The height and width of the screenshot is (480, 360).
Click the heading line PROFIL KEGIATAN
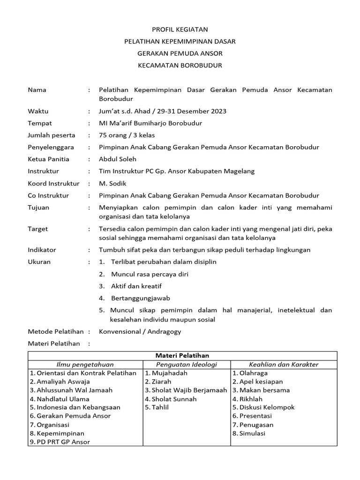point(180,29)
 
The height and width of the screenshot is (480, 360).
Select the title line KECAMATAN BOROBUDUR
point(180,66)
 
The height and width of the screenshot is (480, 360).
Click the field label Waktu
point(38,111)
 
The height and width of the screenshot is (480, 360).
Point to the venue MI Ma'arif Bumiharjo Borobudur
point(150,123)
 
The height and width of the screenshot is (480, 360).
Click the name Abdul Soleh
point(117,159)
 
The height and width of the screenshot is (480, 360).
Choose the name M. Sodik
point(113,183)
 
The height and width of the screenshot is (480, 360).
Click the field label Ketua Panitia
point(48,159)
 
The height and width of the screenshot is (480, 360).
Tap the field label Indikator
point(42,250)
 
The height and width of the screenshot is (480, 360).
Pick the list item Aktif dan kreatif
point(136,286)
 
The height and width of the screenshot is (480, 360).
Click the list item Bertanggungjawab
point(140,298)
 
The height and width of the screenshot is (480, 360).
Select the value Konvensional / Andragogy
point(140,331)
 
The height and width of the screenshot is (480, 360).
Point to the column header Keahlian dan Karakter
point(284,364)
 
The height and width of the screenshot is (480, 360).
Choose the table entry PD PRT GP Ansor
point(63,442)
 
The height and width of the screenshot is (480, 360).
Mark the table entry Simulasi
point(252,433)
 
